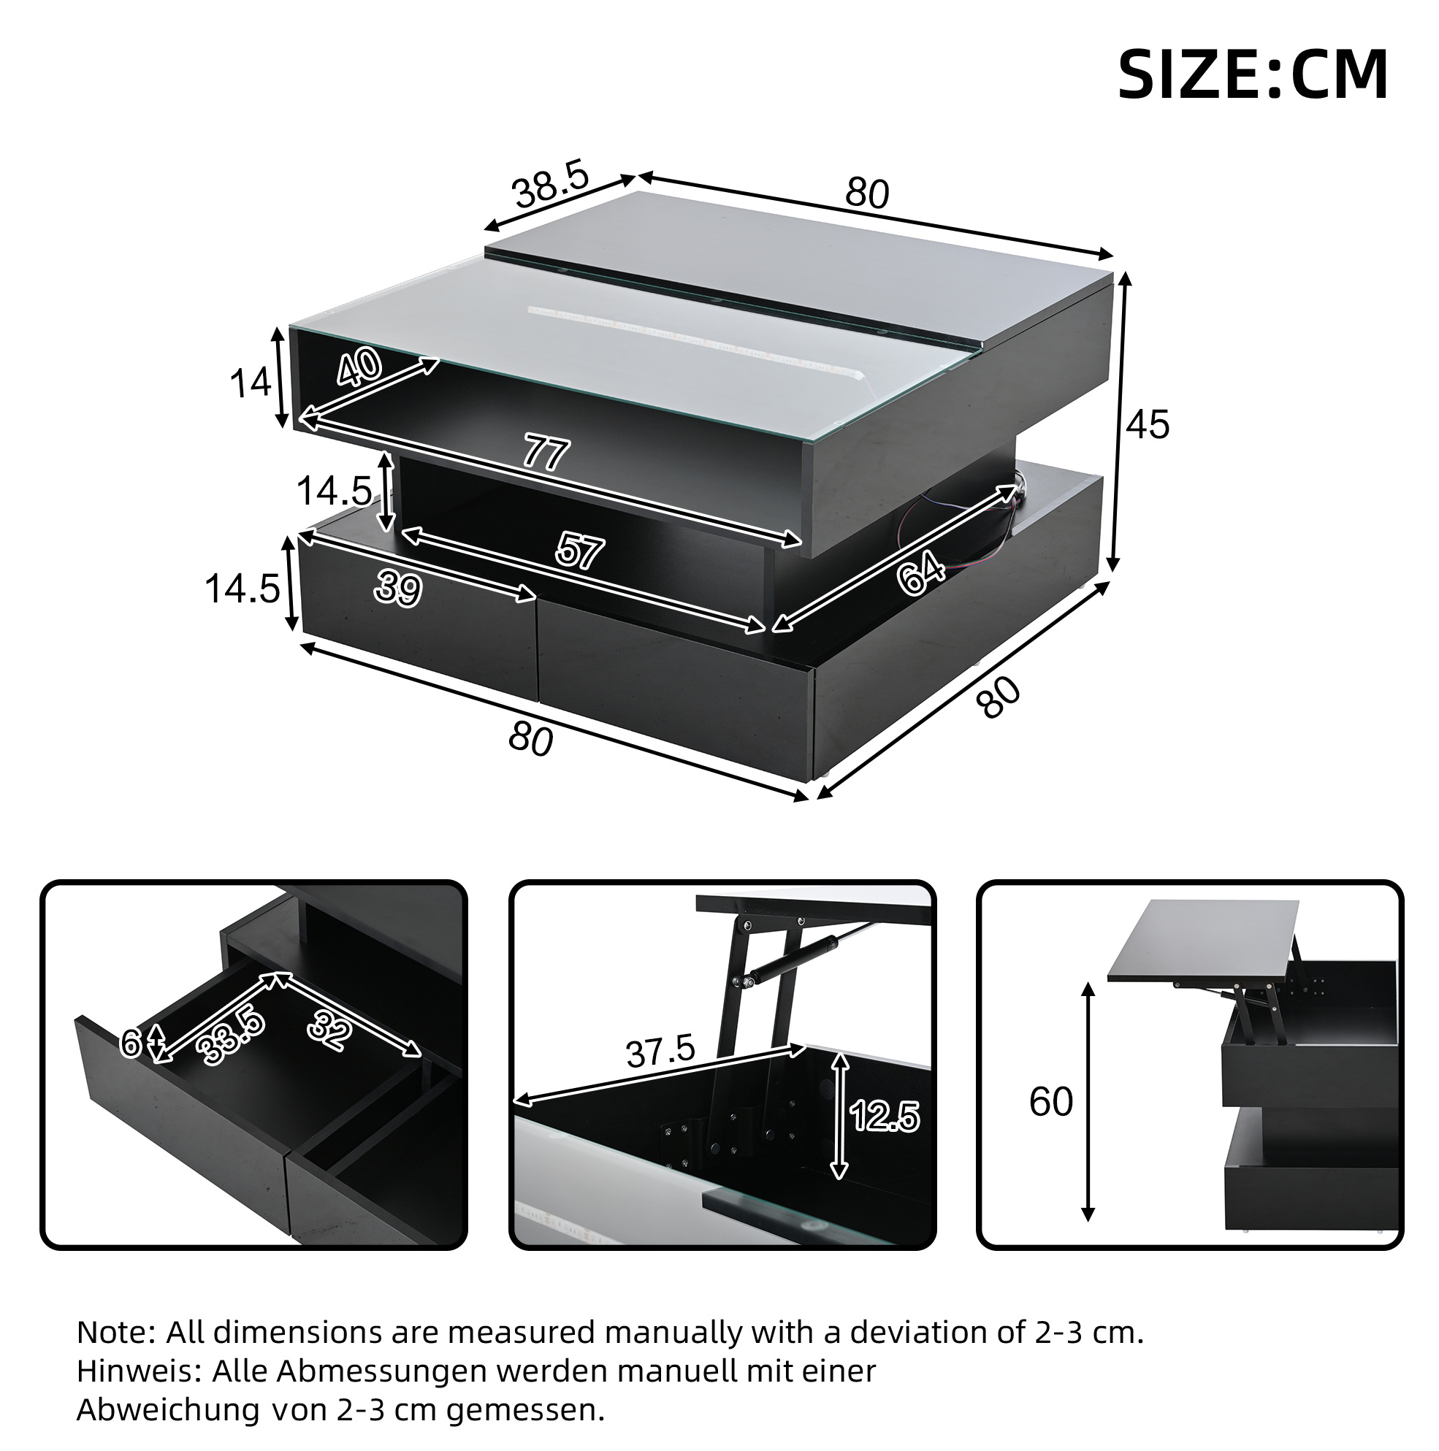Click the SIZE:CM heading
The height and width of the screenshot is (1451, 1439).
click(1252, 74)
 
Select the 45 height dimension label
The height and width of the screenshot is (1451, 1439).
click(1148, 425)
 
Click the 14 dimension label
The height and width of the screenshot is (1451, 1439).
click(251, 383)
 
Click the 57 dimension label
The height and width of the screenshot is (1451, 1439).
click(579, 552)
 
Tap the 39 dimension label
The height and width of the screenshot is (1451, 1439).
click(398, 587)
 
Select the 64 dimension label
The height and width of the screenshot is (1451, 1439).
click(921, 573)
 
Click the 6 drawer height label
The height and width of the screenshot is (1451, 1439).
click(131, 1044)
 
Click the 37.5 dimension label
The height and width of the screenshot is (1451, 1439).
click(660, 1052)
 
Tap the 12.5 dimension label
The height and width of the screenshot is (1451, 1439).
click(885, 1117)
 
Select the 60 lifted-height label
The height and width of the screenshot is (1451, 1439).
click(1050, 1103)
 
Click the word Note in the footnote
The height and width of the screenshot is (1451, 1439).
click(114, 1333)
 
